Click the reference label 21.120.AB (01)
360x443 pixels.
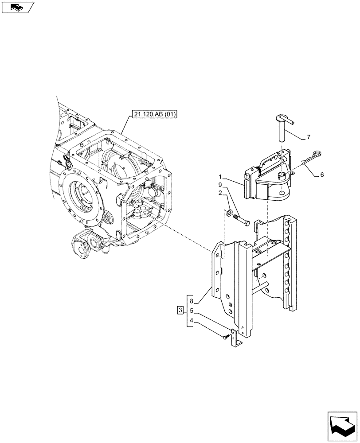click(154, 115)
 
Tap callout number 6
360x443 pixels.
click(321, 175)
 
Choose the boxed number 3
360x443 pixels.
click(180, 310)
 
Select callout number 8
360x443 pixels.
click(191, 301)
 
